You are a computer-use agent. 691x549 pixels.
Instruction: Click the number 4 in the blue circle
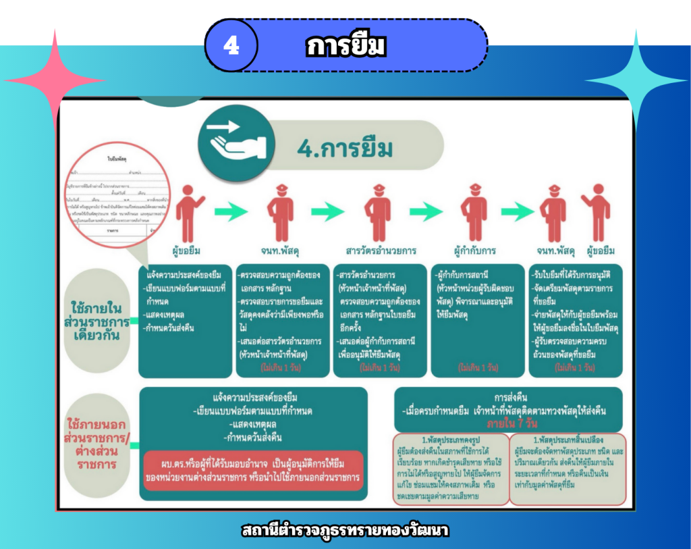231,45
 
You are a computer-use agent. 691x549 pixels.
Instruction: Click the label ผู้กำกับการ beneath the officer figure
475,250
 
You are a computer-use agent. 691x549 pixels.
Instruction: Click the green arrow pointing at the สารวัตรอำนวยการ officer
329,212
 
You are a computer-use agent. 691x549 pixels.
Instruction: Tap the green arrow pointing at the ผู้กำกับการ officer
426,212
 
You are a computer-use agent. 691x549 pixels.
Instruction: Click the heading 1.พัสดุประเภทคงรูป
451,439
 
